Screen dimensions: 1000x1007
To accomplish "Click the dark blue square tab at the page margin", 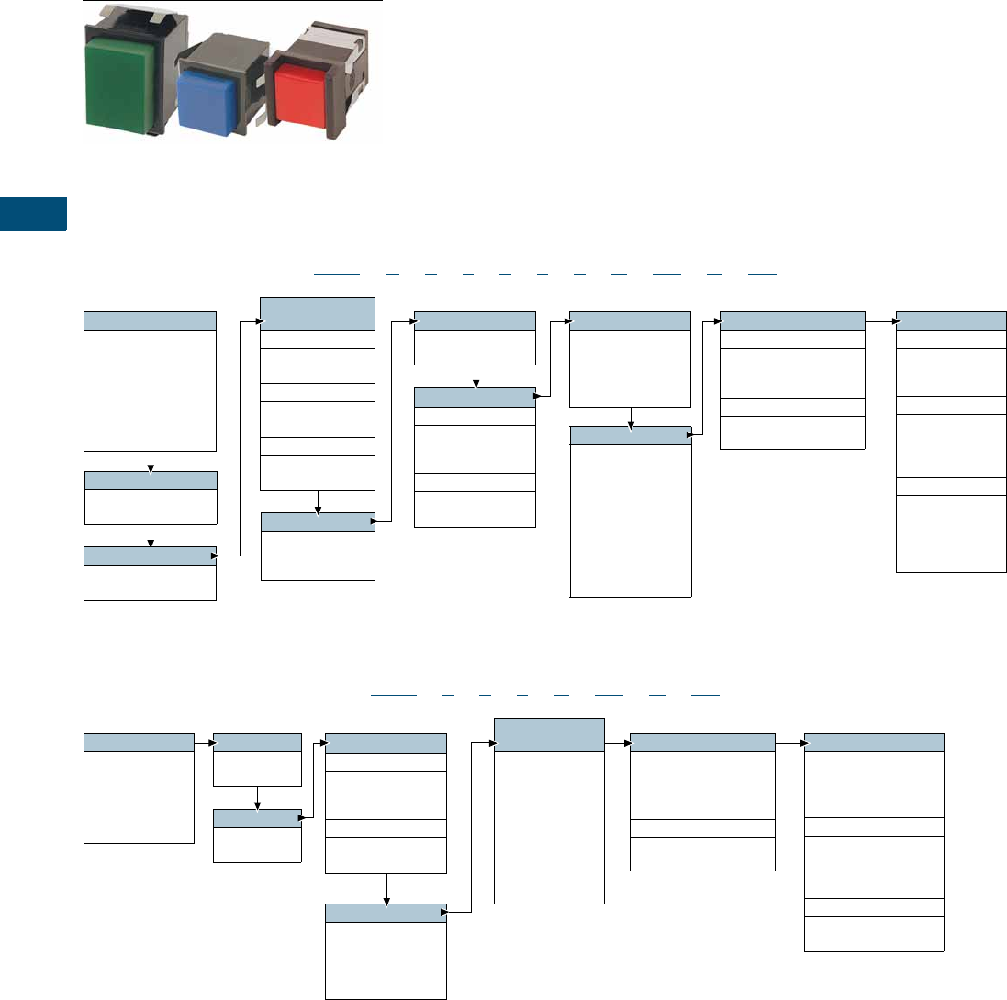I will [33, 213].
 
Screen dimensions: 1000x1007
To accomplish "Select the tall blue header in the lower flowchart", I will [549, 734].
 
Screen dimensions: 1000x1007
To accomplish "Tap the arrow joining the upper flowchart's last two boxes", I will [880, 321].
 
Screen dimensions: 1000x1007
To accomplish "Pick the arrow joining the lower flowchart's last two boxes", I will [789, 742].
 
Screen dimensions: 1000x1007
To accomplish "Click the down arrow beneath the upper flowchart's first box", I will [151, 461].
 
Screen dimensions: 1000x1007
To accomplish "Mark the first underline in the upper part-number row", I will [336, 274].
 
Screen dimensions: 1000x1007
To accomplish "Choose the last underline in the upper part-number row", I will [762, 274].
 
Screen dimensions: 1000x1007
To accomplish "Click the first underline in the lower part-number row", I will [394, 695].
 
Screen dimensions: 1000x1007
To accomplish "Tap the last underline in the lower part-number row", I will [705, 695].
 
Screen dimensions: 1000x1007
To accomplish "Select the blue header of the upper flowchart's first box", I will [151, 320].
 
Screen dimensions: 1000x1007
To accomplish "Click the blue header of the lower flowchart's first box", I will [139, 742].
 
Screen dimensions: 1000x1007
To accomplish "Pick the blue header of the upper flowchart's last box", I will [951, 320].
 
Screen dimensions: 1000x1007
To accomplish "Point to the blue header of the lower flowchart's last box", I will [874, 742].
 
